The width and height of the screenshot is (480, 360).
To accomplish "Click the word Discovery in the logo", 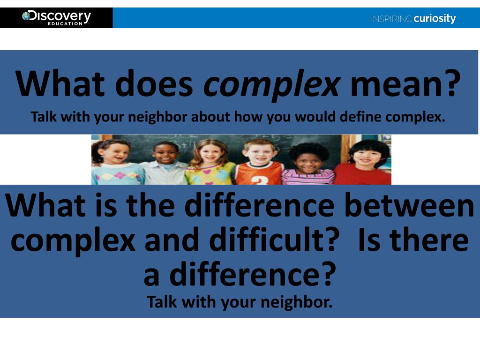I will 60,16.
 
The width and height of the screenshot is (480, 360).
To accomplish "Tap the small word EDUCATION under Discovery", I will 65,23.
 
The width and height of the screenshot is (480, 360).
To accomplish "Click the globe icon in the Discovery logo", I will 26,16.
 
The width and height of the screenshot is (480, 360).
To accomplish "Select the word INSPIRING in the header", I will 391,19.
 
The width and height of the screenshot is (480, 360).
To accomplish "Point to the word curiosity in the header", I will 435,19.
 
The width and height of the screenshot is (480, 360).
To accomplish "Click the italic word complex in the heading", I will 271,84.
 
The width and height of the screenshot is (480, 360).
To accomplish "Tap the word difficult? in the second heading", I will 274,240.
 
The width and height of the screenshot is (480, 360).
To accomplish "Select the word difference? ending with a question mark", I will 253,275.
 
